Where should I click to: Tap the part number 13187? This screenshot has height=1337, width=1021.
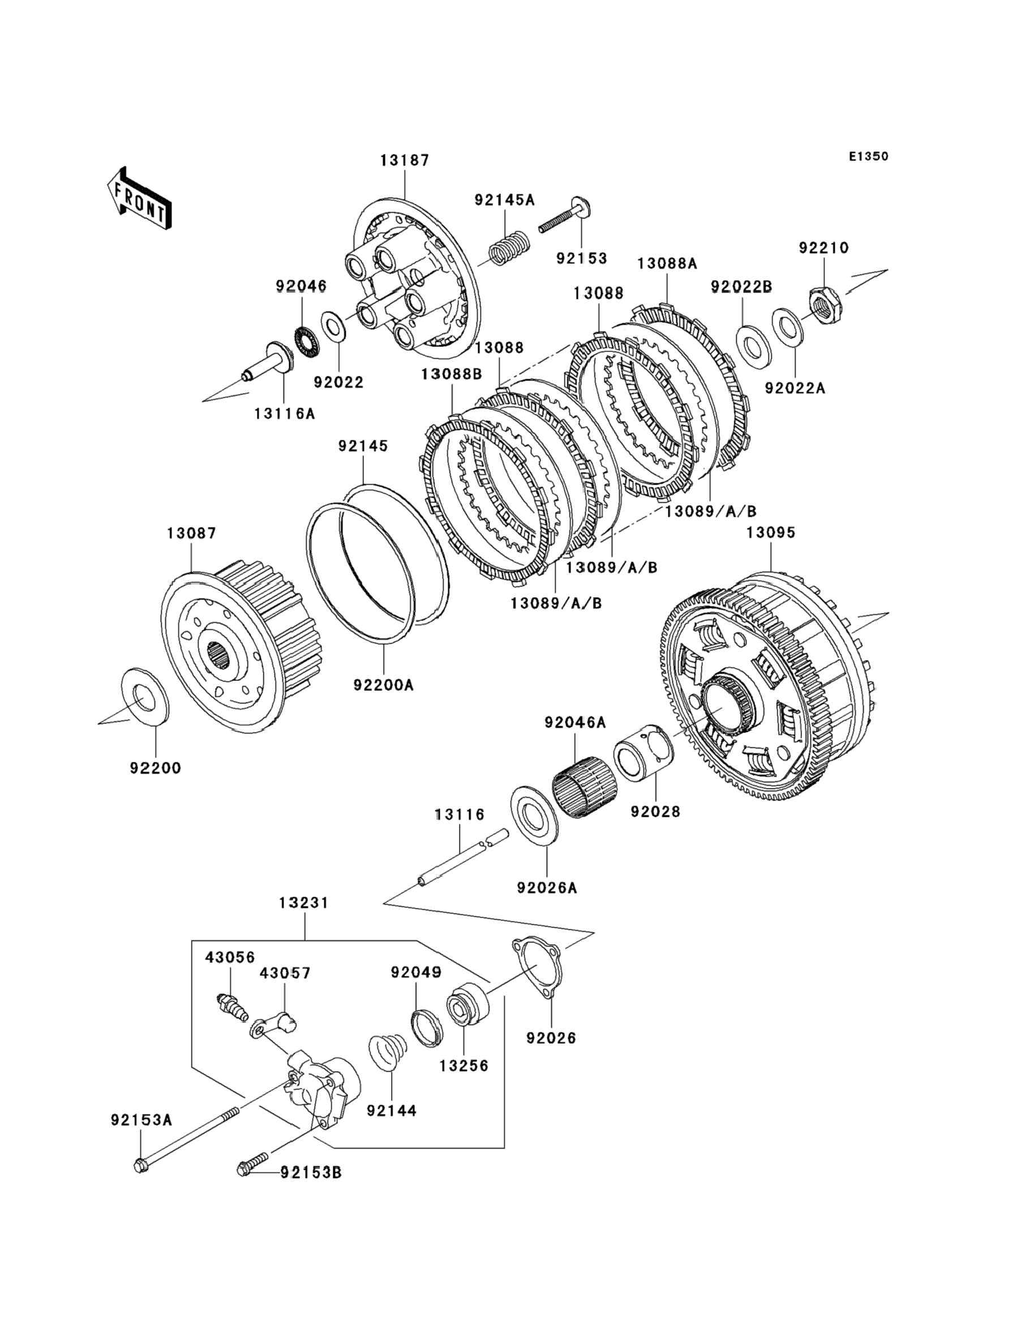(x=405, y=160)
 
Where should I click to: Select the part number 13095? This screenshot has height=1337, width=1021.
(x=771, y=533)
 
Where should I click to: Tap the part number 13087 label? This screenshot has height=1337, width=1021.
(x=191, y=534)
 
